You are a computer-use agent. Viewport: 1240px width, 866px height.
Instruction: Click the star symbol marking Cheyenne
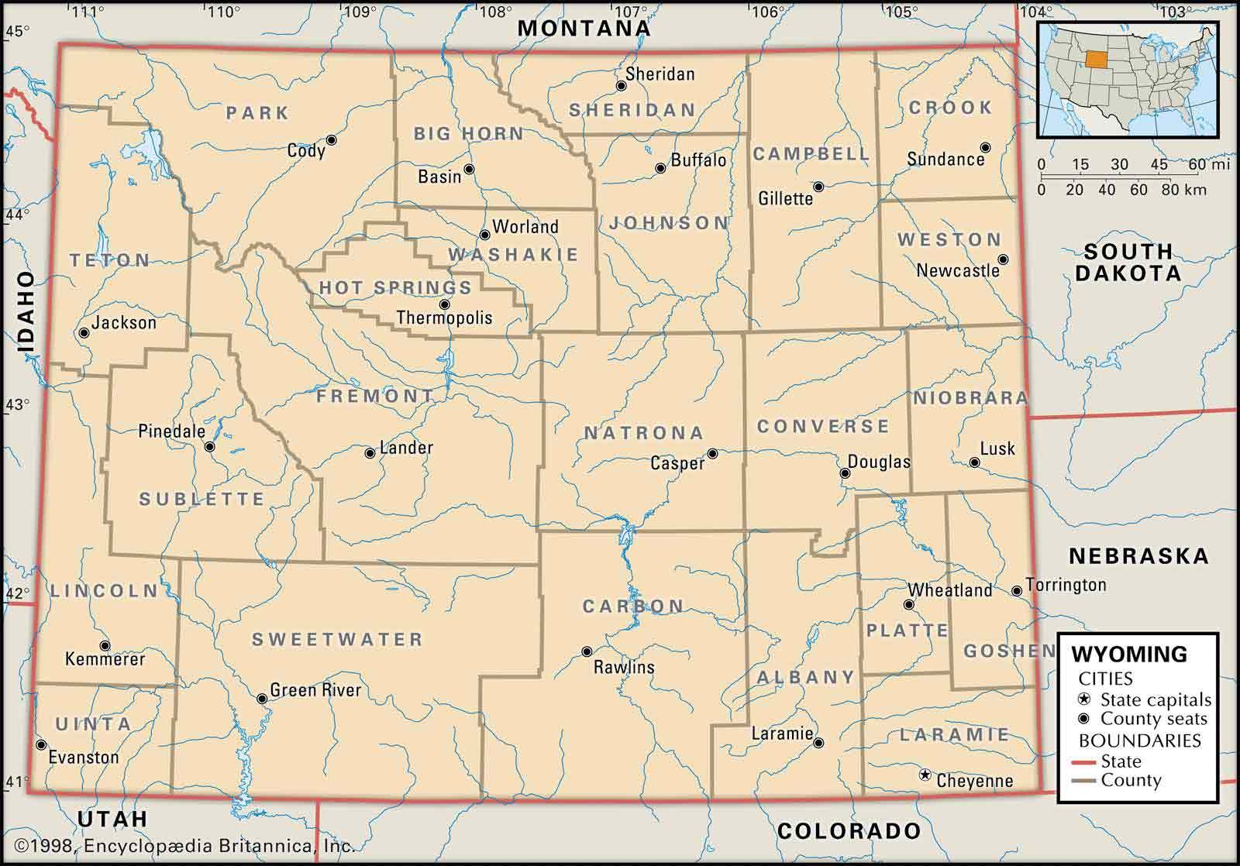[924, 775]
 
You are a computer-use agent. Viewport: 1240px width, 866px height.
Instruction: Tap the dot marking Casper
[711, 454]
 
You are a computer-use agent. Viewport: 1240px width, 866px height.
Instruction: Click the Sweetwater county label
[337, 640]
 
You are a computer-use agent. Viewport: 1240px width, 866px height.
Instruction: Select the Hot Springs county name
[395, 288]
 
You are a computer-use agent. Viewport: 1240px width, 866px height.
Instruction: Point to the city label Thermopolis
[444, 318]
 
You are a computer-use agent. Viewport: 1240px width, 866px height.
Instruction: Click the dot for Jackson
[84, 333]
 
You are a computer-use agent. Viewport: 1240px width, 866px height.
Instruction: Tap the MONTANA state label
[584, 28]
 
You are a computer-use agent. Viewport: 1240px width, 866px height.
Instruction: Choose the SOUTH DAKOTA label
[1128, 262]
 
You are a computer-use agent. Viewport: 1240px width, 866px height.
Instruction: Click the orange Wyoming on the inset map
[1096, 60]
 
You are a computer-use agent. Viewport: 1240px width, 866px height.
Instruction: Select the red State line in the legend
[1084, 762]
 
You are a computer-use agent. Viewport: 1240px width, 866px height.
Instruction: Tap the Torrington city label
[1066, 585]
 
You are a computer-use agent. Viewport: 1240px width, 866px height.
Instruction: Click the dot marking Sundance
[985, 147]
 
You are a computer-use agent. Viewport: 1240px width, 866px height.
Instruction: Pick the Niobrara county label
[970, 398]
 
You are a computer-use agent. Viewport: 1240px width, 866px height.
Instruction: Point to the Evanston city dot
[40, 745]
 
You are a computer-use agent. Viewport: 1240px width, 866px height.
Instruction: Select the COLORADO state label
[849, 832]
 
